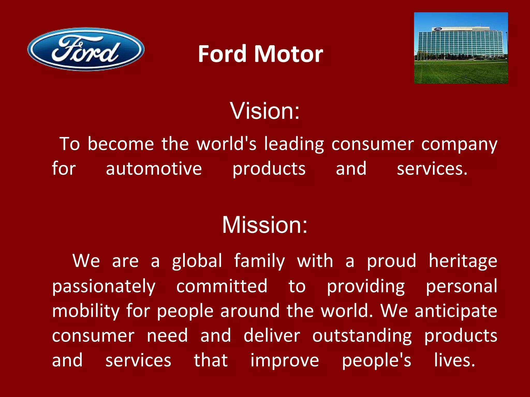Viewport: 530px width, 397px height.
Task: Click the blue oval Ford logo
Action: coord(86,49)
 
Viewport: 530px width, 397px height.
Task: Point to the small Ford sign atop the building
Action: coord(438,29)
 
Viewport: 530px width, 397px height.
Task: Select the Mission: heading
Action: coord(265,225)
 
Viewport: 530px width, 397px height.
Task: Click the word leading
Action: coord(294,144)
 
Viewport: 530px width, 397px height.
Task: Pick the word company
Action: coord(459,144)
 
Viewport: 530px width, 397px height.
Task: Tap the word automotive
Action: coord(154,169)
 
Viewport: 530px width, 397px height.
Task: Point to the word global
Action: coord(197,261)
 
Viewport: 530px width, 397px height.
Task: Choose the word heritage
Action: coord(463,261)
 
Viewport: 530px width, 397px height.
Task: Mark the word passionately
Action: coord(104,286)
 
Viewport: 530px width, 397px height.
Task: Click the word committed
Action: coord(222,286)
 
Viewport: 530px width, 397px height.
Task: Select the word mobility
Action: coord(86,311)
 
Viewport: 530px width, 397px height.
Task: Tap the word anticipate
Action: coord(456,311)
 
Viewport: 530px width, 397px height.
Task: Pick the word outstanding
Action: coord(362,336)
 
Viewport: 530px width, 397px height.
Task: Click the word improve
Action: coord(285,361)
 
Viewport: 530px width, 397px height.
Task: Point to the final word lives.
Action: coord(454,360)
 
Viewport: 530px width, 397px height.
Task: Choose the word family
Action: coord(259,261)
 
